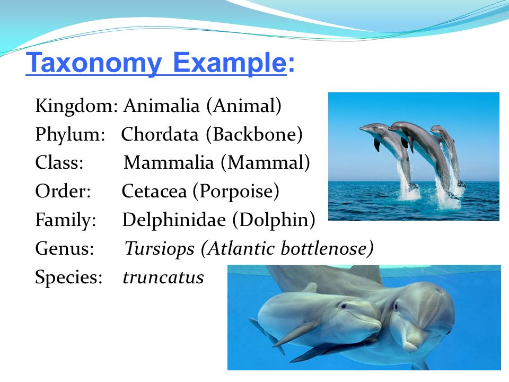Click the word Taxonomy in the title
pyautogui.click(x=94, y=63)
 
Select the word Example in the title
pyautogui.click(x=230, y=63)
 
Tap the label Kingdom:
pyautogui.click(x=76, y=106)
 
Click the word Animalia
pyautogui.click(x=161, y=106)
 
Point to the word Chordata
pyautogui.click(x=160, y=134)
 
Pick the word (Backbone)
pyautogui.click(x=254, y=134)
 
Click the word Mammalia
pyautogui.click(x=169, y=162)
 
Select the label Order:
pyautogui.click(x=63, y=191)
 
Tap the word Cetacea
pyautogui.click(x=154, y=191)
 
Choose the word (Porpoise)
pyautogui.click(x=236, y=192)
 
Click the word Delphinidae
pyautogui.click(x=174, y=220)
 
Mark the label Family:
pyautogui.click(x=66, y=220)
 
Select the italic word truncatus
pyautogui.click(x=163, y=277)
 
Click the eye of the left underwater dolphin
pyautogui.click(x=343, y=306)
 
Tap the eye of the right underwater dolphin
pyautogui.click(x=396, y=306)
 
